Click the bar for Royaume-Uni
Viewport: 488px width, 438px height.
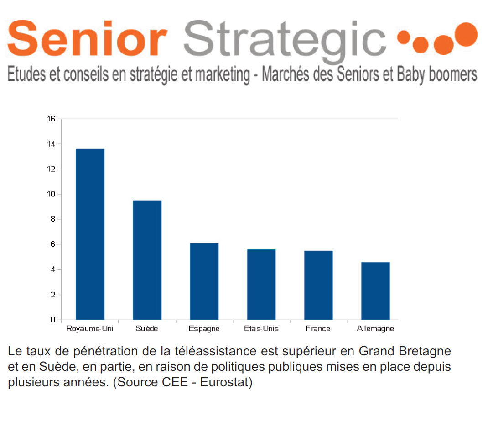[x=90, y=234]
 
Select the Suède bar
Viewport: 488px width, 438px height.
[x=147, y=260]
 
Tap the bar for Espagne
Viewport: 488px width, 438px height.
[x=204, y=281]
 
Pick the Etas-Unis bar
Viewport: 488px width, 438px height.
[x=261, y=285]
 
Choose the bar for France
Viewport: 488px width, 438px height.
[x=318, y=285]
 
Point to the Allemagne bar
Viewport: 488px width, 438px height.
[x=375, y=291]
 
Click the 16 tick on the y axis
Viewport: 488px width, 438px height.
[x=51, y=119]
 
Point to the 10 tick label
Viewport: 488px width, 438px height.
[x=51, y=194]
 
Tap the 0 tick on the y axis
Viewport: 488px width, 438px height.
[x=53, y=320]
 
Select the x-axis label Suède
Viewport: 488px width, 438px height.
[x=146, y=328]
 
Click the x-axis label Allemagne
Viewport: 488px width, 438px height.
[x=375, y=329]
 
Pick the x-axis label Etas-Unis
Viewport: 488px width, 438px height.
[x=261, y=328]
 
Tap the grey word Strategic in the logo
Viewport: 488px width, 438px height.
[x=285, y=41]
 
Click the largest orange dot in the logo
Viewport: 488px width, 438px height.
[x=466, y=34]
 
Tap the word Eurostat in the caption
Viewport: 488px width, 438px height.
[x=226, y=382]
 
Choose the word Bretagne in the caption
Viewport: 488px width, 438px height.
[x=425, y=352]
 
